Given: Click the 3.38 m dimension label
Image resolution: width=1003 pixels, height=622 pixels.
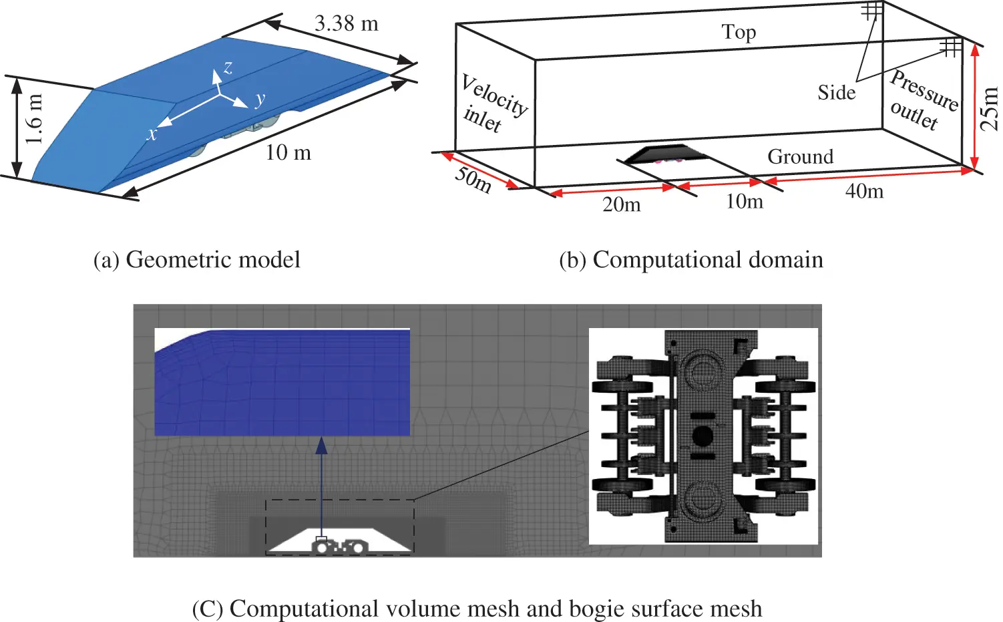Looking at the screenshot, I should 347,24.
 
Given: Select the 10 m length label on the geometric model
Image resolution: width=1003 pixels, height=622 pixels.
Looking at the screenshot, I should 288,153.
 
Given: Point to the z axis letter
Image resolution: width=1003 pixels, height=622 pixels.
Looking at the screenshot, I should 228,67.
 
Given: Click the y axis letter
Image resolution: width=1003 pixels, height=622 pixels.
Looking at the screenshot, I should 260,99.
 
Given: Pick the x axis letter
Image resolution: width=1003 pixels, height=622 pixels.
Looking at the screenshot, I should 152,134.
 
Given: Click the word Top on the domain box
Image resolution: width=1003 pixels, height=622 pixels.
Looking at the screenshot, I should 739,32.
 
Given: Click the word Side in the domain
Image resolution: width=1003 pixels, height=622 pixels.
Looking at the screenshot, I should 836,92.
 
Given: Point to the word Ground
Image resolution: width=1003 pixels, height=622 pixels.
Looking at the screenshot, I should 800,156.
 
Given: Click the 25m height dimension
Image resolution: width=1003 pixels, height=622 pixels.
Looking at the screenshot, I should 989,108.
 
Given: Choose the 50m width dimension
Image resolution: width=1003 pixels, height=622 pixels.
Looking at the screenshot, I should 473,179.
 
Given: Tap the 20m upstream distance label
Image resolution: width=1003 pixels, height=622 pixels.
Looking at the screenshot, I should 621,204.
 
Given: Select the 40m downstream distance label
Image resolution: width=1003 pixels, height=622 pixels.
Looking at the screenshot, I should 864,192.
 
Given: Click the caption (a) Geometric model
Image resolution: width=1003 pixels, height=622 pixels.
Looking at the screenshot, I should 197,259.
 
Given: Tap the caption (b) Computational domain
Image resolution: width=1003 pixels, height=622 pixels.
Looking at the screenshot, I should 691,259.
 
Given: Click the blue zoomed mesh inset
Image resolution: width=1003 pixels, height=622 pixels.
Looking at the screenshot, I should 282,383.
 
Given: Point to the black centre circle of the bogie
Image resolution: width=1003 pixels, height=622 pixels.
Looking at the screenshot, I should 703,436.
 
